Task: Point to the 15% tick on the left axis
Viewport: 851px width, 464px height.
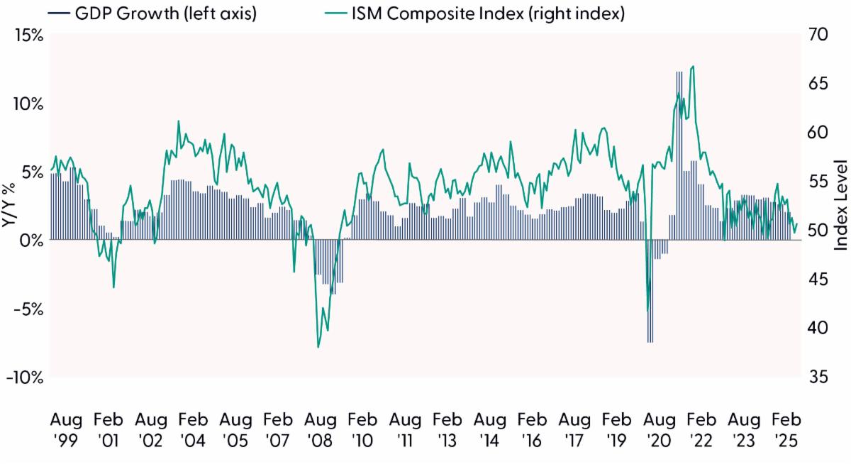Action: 26,35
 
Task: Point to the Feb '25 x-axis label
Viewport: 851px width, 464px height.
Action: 786,429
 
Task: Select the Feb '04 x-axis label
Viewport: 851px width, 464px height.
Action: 193,429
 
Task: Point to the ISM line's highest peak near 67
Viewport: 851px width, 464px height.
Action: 693,67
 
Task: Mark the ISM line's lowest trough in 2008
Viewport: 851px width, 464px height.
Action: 318,347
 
